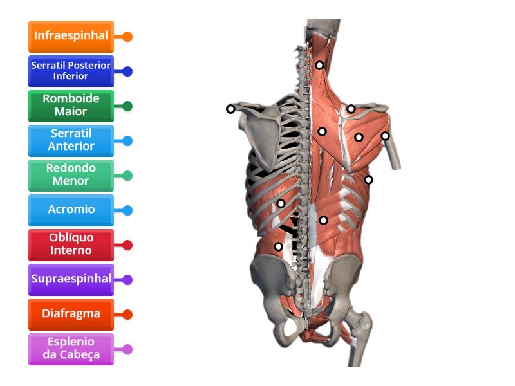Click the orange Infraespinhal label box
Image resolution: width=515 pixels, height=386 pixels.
tap(71, 37)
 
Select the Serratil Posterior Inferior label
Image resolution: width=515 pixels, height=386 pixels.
tap(71, 71)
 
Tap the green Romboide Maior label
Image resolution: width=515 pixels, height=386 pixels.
tap(71, 106)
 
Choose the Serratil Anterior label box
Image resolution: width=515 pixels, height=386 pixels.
tap(71, 141)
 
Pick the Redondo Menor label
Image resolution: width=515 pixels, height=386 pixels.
tap(71, 176)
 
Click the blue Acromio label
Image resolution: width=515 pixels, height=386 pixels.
tap(71, 210)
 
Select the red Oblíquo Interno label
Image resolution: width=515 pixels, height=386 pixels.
tap(71, 245)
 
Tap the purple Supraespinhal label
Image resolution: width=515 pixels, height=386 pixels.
tap(71, 280)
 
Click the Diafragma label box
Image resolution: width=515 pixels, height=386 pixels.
tap(71, 315)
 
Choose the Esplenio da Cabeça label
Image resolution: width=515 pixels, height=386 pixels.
tap(71, 349)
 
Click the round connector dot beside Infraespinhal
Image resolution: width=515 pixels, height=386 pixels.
tap(127, 37)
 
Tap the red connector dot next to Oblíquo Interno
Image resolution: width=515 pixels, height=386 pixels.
tap(127, 245)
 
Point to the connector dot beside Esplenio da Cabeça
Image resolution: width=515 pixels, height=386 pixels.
tap(127, 349)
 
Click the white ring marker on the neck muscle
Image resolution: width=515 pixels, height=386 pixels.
tap(319, 65)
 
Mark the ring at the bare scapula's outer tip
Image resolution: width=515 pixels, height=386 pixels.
tap(230, 109)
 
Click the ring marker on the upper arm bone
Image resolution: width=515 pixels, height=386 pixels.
tap(385, 136)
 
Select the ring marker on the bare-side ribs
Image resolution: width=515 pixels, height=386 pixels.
tap(281, 203)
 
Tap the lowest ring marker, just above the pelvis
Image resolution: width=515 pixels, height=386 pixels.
tap(278, 246)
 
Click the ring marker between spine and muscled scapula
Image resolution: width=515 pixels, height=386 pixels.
tap(323, 132)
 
